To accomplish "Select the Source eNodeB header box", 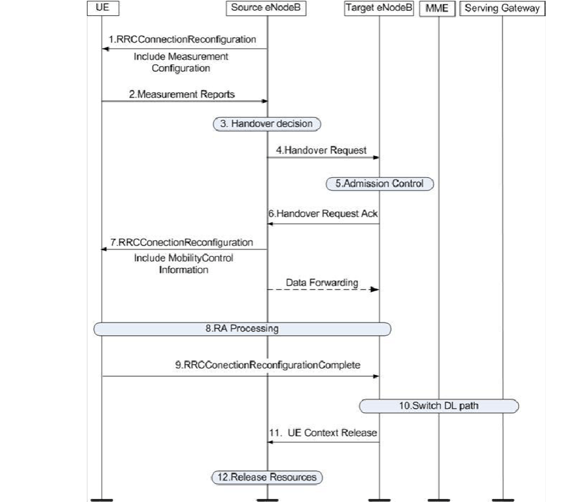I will tap(267, 8).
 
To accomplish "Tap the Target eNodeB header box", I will tap(378, 8).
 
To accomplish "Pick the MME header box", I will tap(437, 8).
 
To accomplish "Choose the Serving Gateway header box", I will tap(502, 8).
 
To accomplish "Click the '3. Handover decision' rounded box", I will tap(267, 124).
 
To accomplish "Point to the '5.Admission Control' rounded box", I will tap(380, 184).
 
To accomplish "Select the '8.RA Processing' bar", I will tap(242, 329).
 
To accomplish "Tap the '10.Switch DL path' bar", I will tap(439, 405).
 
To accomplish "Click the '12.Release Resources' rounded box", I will tap(267, 477).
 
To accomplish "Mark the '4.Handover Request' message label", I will tap(321, 150).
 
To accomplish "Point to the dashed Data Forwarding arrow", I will tap(323, 289).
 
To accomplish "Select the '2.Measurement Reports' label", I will tap(182, 95).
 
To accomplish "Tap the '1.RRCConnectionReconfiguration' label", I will tap(183, 39).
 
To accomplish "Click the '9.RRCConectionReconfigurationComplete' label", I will tap(268, 365).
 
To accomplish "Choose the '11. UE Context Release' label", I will tap(323, 433).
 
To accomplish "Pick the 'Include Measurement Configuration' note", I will tap(181, 62).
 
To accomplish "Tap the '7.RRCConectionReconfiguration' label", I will tap(181, 242).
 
